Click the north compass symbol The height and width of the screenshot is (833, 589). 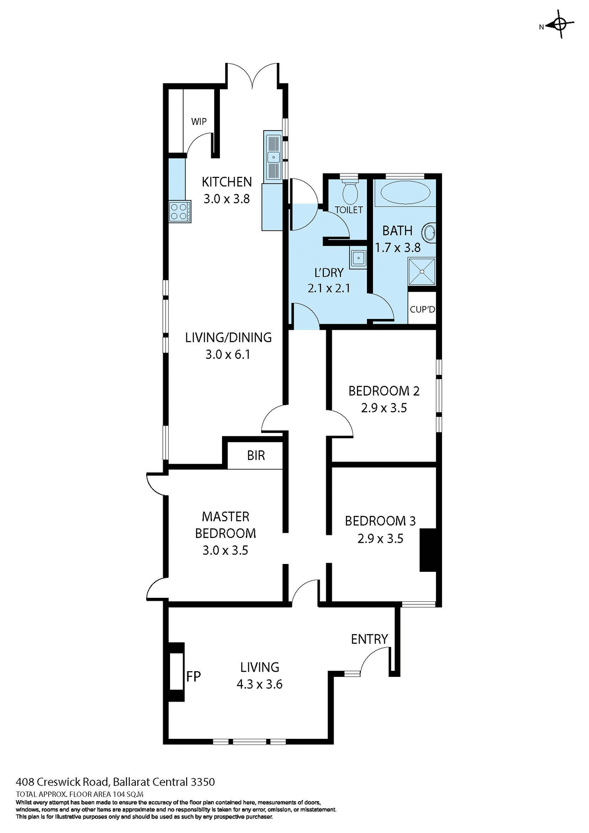click(559, 26)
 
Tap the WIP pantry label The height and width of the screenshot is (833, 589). click(199, 121)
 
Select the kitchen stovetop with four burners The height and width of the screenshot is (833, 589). click(180, 212)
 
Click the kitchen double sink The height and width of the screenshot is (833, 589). click(273, 156)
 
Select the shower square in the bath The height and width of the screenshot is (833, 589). click(422, 271)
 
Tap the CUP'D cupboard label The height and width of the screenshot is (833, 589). click(422, 310)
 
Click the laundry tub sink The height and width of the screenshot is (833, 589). click(358, 259)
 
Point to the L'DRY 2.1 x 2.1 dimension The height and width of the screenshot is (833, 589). click(329, 288)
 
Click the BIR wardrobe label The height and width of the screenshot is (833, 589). click(255, 456)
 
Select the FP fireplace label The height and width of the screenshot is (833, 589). click(193, 676)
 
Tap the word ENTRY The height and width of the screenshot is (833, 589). click(369, 639)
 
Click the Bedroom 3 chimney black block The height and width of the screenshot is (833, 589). click(427, 550)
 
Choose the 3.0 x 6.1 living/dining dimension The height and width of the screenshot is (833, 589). click(228, 354)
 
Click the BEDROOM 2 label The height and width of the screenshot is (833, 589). click(384, 391)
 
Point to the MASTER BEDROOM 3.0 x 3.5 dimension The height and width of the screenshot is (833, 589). click(225, 551)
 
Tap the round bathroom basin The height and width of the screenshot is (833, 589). click(430, 233)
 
